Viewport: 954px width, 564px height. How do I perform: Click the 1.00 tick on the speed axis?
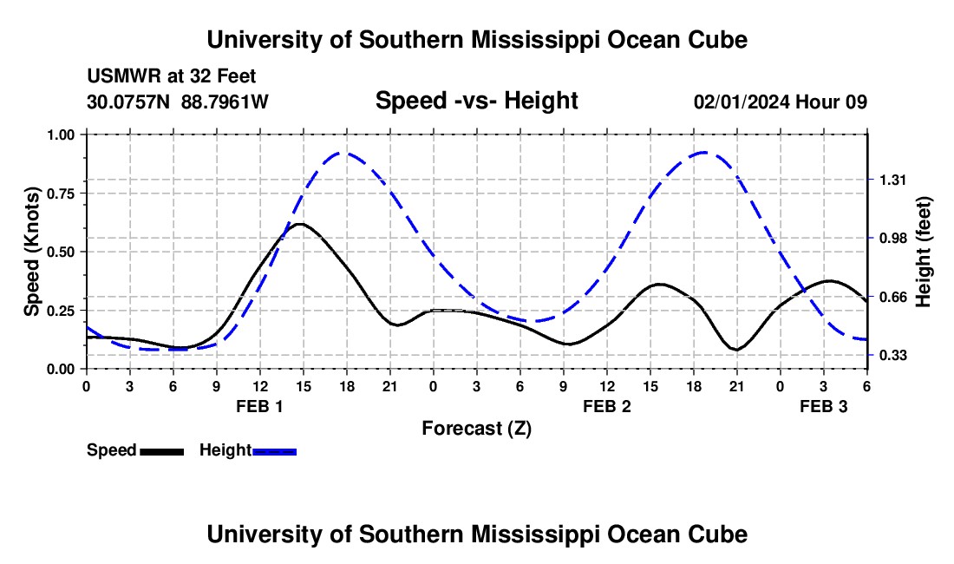62,134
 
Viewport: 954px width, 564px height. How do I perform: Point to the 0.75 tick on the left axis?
62,193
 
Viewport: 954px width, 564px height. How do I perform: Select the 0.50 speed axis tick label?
62,252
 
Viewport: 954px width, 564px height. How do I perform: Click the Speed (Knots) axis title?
32,252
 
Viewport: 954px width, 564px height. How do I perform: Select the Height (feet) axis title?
923,252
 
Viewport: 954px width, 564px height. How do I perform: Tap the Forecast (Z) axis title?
476,428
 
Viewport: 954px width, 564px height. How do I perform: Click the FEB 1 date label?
259,405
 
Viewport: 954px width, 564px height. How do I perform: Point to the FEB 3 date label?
823,405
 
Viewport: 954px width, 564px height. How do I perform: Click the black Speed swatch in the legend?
161,451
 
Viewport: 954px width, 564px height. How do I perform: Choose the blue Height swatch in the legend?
274,451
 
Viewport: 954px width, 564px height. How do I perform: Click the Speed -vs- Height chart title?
476,102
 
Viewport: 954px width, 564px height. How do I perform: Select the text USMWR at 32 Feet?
171,77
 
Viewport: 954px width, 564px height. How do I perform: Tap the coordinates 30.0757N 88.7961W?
178,102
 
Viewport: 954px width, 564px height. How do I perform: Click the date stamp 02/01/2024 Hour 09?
780,102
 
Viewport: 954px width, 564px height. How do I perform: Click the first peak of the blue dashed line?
345,153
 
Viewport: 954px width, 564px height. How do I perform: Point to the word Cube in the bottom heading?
721,534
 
